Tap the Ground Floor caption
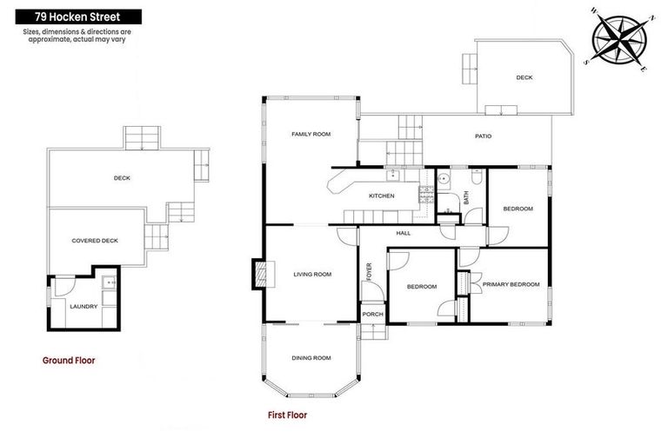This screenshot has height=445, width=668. coord(69,360)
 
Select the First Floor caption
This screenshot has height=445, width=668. coord(287,415)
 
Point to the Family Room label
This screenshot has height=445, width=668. coord(311,134)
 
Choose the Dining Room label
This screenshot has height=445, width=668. coord(311,358)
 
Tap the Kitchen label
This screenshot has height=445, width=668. coord(382,196)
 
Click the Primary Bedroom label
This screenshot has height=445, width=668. coord(511,284)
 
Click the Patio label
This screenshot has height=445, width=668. coord(484,136)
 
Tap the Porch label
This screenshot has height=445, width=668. coord(372,314)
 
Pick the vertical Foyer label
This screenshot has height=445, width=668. coord(369,273)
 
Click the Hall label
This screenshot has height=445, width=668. coord(404,233)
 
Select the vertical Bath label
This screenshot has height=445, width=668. coord(466,198)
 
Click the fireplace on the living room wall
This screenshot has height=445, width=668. coord(258,274)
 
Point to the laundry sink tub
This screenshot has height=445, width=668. coord(107,282)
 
